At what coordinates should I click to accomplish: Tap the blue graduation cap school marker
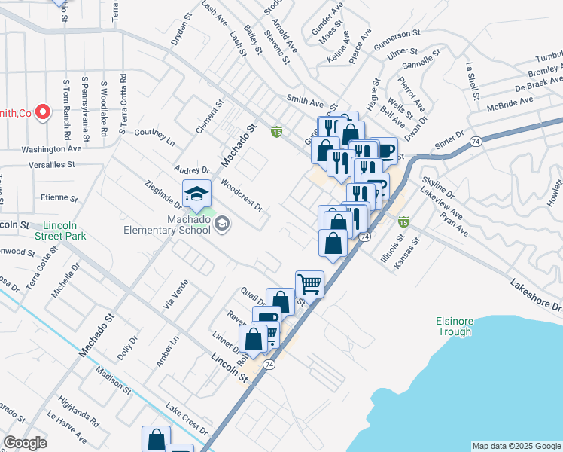pos(196,194)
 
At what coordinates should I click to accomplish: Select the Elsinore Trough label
pos(454,326)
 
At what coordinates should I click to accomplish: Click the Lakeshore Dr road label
pos(536,296)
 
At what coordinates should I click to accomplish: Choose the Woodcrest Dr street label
pos(242,194)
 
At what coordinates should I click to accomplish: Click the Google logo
pos(25,443)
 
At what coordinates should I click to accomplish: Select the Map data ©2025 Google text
pos(516,446)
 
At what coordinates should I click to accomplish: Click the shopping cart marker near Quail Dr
pos(309,284)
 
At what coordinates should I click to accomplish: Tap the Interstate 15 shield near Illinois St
pos(403,221)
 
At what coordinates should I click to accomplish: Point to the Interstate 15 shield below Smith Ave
pos(277,132)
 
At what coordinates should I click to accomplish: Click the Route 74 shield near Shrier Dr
pos(476,141)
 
